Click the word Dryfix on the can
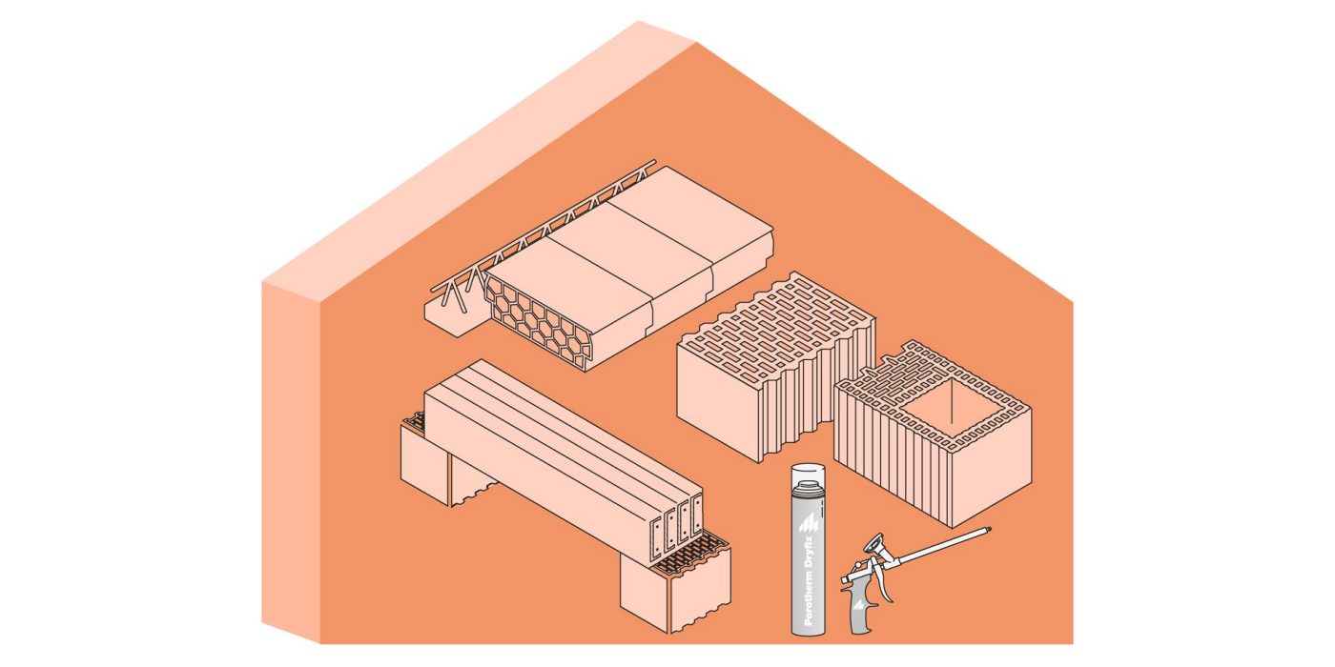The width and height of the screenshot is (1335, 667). pyautogui.click(x=809, y=554)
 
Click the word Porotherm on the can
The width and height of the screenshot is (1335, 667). pyautogui.click(x=809, y=598)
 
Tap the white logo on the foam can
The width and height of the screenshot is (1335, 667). pyautogui.click(x=808, y=523)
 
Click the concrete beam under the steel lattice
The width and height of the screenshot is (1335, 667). pyautogui.click(x=452, y=316)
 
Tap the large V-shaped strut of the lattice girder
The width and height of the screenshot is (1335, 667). pyautogui.click(x=453, y=296)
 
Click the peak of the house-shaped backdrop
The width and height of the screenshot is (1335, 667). pyautogui.click(x=639, y=21)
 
